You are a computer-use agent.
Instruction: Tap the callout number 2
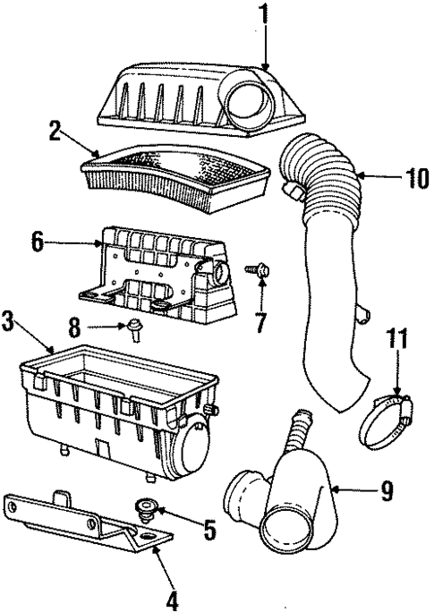[55, 134]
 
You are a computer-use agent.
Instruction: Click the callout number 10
[416, 177]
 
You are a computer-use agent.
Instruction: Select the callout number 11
[396, 340]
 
